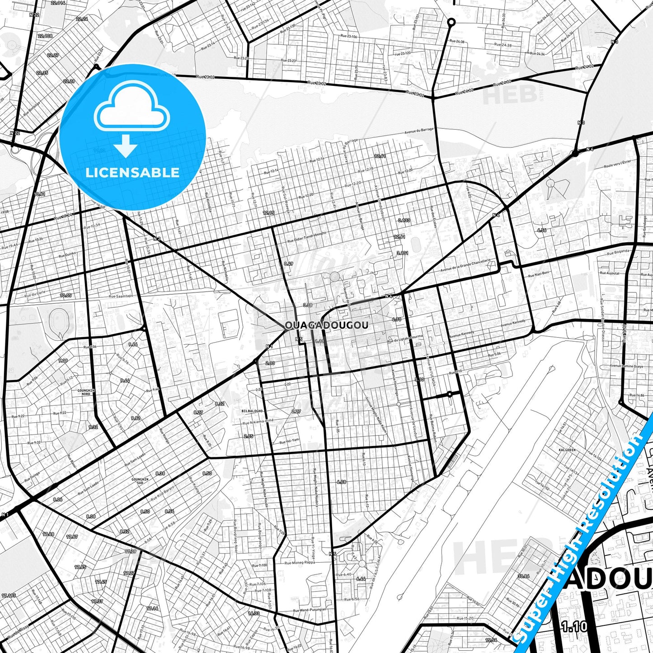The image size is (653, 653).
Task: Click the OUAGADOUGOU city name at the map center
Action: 326,325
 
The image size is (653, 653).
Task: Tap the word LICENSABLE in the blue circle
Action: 132,173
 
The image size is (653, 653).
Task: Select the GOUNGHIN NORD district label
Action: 86,392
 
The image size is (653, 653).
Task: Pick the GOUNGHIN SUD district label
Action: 140,481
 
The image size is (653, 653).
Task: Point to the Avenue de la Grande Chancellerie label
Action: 465,265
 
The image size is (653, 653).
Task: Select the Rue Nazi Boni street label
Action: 539,274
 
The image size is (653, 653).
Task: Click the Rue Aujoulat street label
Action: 609,273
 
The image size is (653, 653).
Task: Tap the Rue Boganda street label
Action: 618,252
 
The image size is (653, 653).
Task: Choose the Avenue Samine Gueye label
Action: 626,366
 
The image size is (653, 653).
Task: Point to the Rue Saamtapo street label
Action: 121,296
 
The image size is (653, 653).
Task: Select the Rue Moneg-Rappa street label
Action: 300,563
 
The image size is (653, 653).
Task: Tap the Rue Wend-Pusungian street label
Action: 309,610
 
